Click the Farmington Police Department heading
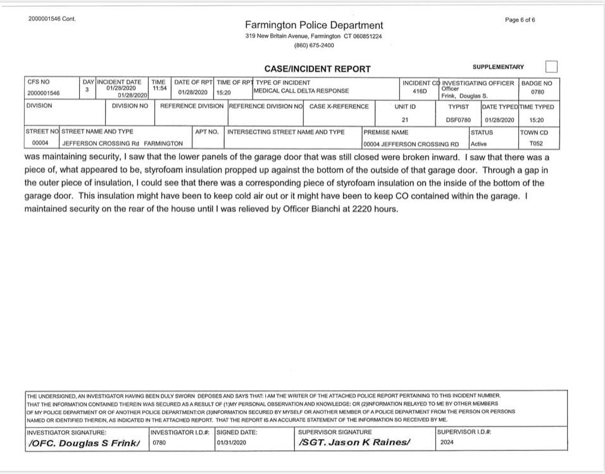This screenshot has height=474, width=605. tap(314, 25)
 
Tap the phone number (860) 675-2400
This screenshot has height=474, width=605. tap(314, 46)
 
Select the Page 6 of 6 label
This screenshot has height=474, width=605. tap(520, 20)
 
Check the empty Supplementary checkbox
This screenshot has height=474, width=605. tap(551, 66)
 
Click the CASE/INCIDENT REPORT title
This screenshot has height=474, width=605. tap(317, 69)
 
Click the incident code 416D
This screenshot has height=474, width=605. tap(420, 91)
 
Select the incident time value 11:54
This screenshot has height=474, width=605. tap(159, 89)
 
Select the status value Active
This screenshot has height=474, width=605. tap(479, 144)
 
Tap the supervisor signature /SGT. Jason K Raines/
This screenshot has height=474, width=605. tap(354, 442)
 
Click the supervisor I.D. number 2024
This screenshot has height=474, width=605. tap(447, 442)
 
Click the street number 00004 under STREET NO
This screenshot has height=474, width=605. tap(40, 144)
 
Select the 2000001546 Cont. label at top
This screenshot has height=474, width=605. tap(52, 19)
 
